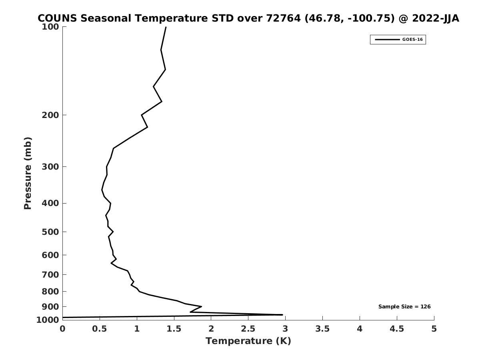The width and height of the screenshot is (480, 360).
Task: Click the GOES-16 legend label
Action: (412, 40)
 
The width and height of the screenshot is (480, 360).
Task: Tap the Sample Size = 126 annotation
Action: (404, 307)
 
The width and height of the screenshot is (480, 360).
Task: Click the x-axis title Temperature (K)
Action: (248, 341)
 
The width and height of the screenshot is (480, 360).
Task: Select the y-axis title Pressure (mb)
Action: (27, 173)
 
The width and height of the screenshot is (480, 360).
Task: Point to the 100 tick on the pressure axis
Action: (51, 27)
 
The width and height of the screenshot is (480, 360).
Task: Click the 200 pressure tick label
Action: (51, 115)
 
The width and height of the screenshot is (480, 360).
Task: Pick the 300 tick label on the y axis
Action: (51, 166)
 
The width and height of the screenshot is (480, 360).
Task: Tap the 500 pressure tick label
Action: (51, 232)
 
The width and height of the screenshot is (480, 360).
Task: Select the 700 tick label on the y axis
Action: (51, 275)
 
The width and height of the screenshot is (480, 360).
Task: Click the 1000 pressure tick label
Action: (48, 320)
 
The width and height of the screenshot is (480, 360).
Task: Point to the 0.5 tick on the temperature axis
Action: (100, 329)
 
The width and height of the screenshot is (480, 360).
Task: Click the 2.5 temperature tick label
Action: (248, 329)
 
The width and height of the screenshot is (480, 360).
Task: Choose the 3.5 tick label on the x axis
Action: (322, 329)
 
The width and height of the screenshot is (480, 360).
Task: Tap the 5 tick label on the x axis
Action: (434, 329)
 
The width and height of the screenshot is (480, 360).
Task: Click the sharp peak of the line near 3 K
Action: (282, 315)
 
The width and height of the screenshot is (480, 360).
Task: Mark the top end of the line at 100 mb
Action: (166, 27)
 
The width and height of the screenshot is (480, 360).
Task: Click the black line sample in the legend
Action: (387, 40)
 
